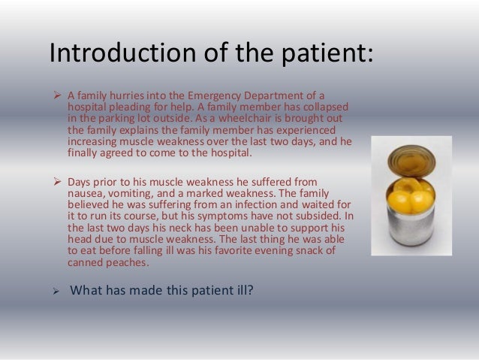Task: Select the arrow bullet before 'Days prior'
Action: [56, 181]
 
